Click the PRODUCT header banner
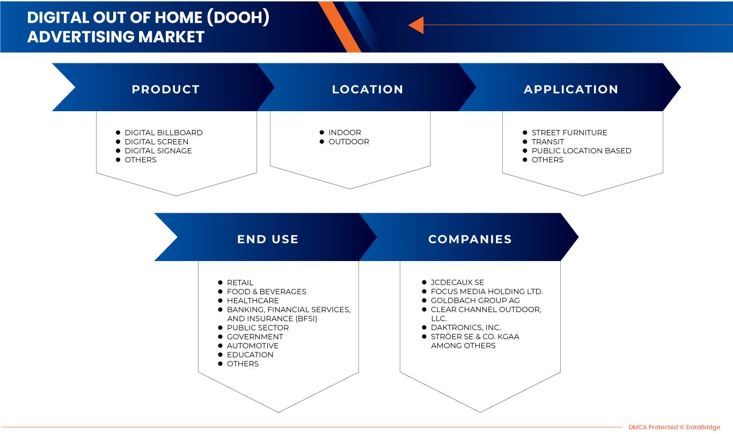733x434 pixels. (165, 89)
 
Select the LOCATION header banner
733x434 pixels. (368, 89)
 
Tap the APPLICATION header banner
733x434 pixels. (571, 89)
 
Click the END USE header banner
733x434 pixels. (268, 239)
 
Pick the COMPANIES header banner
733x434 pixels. (470, 239)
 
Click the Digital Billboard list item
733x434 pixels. (164, 133)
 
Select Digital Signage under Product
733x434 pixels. (158, 151)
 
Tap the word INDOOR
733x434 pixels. (344, 133)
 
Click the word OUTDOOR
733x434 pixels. (349, 142)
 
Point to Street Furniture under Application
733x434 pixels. (569, 133)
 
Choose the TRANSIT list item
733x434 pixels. (548, 142)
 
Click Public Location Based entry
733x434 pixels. (581, 151)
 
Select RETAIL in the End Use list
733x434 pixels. (240, 283)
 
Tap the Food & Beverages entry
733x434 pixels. (267, 292)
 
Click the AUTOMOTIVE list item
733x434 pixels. (253, 346)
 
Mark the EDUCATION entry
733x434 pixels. (250, 355)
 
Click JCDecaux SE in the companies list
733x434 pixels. (457, 283)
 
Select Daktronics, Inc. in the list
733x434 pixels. (466, 328)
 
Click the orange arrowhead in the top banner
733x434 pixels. (416, 25)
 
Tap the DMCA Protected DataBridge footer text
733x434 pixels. (674, 427)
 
